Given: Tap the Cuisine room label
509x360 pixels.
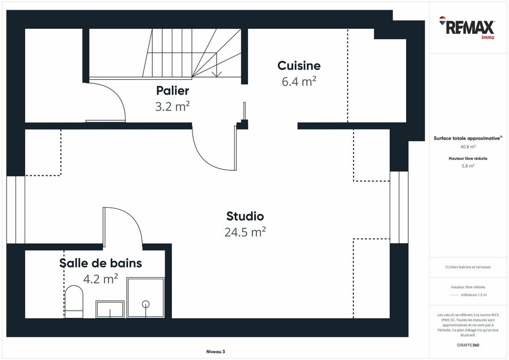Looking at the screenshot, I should point(299,66).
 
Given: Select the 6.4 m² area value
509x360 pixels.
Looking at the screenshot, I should point(299,81).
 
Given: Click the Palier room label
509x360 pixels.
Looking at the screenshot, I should point(172,91).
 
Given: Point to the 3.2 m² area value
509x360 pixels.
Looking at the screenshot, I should point(172,106).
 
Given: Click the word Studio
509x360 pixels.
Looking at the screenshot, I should point(245,217).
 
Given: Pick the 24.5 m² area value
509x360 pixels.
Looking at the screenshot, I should point(245,232).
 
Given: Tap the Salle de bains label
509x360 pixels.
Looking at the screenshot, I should point(100,263).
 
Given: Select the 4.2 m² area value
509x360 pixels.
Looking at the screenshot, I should point(100,279).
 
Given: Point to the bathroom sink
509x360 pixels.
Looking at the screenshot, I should point(110,310).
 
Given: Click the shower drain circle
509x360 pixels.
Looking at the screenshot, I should point(146,303).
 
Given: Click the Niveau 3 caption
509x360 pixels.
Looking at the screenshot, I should point(215,352).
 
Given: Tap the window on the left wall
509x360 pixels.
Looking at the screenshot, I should point(16,210).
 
